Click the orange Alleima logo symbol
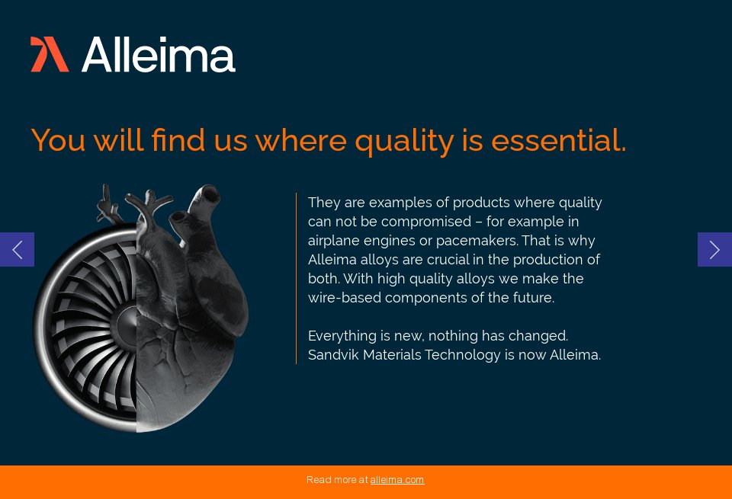pyautogui.click(x=50, y=55)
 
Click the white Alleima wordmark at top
pyautogui.click(x=159, y=55)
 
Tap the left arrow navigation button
pyautogui.click(x=17, y=250)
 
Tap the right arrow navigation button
pyautogui.click(x=714, y=250)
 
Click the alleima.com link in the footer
pyautogui.click(x=396, y=480)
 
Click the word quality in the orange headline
pyautogui.click(x=404, y=141)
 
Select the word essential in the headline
pyautogui.click(x=558, y=141)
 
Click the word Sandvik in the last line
pyautogui.click(x=333, y=355)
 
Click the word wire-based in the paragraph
pyautogui.click(x=345, y=298)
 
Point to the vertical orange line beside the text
pyautogui.click(x=296, y=278)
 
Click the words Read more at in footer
pyautogui.click(x=337, y=480)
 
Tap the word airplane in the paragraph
pyautogui.click(x=334, y=241)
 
